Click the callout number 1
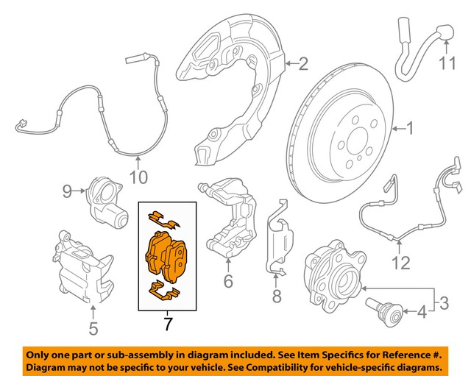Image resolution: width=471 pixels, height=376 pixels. [409, 131]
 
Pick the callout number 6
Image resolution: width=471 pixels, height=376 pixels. [227, 280]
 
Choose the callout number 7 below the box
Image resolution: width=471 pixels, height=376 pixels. [167, 323]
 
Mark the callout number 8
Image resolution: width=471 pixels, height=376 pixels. [276, 297]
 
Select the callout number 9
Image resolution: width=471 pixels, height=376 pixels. [67, 193]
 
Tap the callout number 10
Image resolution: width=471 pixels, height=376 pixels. [138, 177]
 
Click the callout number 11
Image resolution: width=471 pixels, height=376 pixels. [448, 64]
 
